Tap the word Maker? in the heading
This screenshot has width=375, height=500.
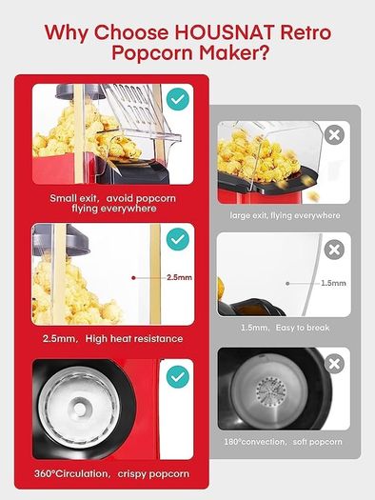pyautogui.click(x=234, y=52)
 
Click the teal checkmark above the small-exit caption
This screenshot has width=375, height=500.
pyautogui.click(x=178, y=99)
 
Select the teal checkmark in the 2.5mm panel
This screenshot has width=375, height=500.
pyautogui.click(x=178, y=239)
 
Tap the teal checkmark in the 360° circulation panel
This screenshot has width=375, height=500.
pyautogui.click(x=178, y=376)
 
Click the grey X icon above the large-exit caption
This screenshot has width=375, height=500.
pyautogui.click(x=334, y=135)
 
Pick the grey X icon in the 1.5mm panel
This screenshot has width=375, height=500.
pyautogui.click(x=334, y=250)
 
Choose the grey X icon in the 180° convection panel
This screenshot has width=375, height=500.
pyautogui.click(x=334, y=364)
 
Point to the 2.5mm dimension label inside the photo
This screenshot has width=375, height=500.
pyautogui.click(x=179, y=277)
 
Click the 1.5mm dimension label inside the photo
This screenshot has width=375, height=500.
pyautogui.click(x=333, y=283)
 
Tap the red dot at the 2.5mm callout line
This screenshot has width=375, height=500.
pyautogui.click(x=133, y=278)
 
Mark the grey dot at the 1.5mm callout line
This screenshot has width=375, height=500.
pyautogui.click(x=287, y=283)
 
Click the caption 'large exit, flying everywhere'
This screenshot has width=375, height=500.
pyautogui.click(x=285, y=215)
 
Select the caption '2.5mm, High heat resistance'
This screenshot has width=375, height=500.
pyautogui.click(x=113, y=338)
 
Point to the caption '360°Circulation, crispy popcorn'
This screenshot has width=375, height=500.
pyautogui.click(x=111, y=473)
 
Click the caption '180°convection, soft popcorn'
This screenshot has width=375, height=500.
pyautogui.click(x=283, y=442)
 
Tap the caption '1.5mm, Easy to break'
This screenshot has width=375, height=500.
pyautogui.click(x=285, y=328)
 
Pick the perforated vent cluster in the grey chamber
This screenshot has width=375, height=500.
pyautogui.click(x=271, y=391)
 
